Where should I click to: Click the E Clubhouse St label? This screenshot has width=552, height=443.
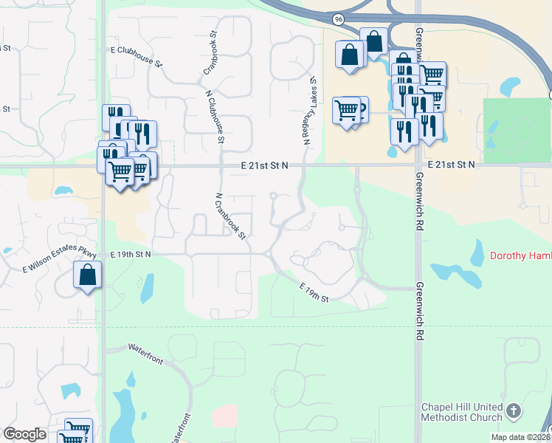(x=136, y=57)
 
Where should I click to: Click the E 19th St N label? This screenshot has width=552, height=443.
(x=131, y=254)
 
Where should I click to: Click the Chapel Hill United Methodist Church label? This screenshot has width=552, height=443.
(x=462, y=413)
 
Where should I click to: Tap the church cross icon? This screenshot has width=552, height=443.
(x=514, y=411)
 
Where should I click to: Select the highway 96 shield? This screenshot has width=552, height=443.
(x=338, y=18)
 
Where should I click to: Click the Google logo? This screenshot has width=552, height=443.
(x=24, y=434)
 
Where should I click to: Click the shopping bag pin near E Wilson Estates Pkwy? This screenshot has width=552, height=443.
(x=87, y=275)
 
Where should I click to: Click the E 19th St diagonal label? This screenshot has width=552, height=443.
(x=314, y=292)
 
